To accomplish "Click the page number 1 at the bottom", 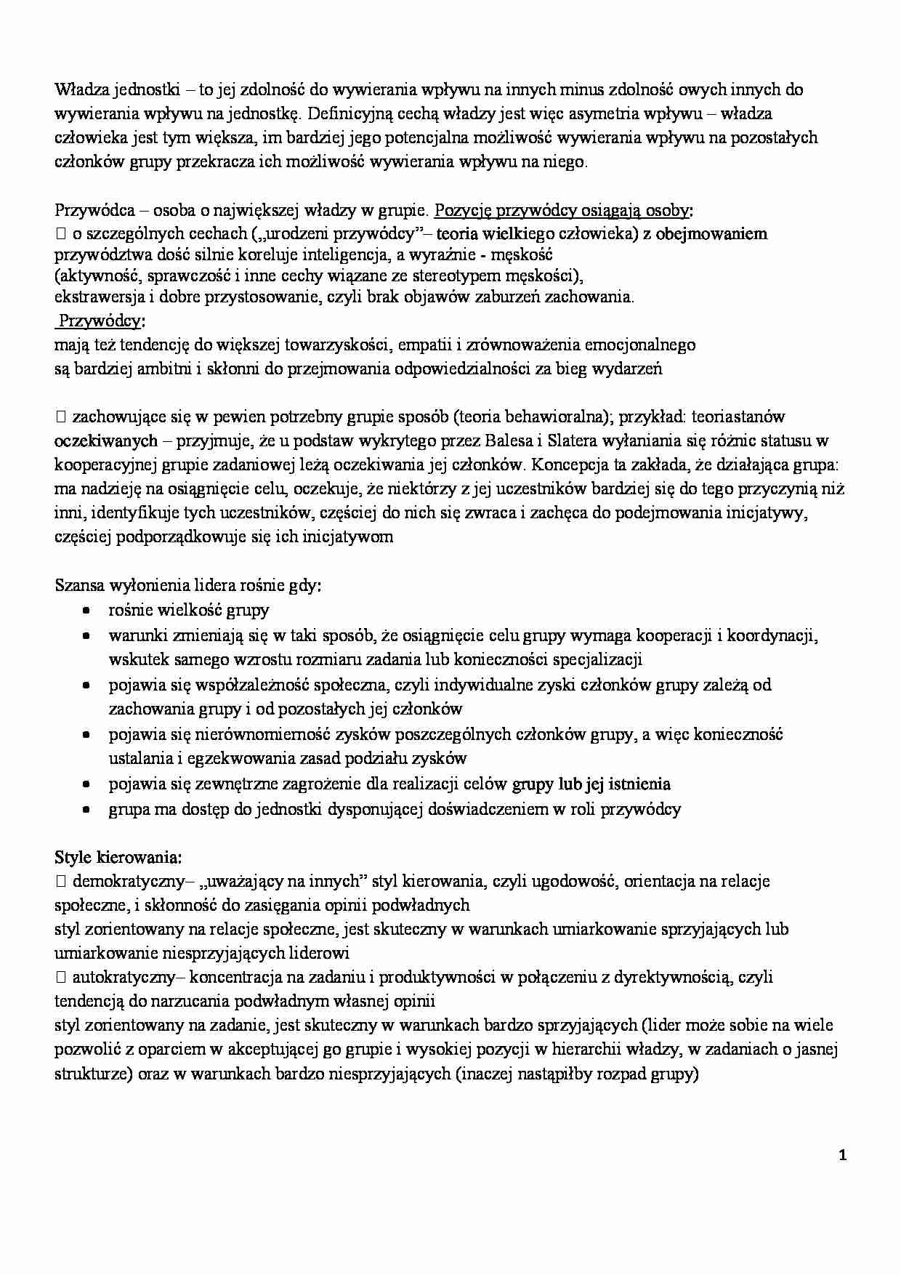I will tap(843, 1155).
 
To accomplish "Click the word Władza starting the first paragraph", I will tap(78, 89).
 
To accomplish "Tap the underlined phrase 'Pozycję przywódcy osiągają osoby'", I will tap(562, 210).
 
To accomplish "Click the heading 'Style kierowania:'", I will tap(118, 857).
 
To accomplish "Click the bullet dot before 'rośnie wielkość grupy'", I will tap(86, 611).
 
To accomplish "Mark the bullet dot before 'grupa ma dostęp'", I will tap(86, 809).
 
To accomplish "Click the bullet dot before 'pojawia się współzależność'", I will tap(86, 685).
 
